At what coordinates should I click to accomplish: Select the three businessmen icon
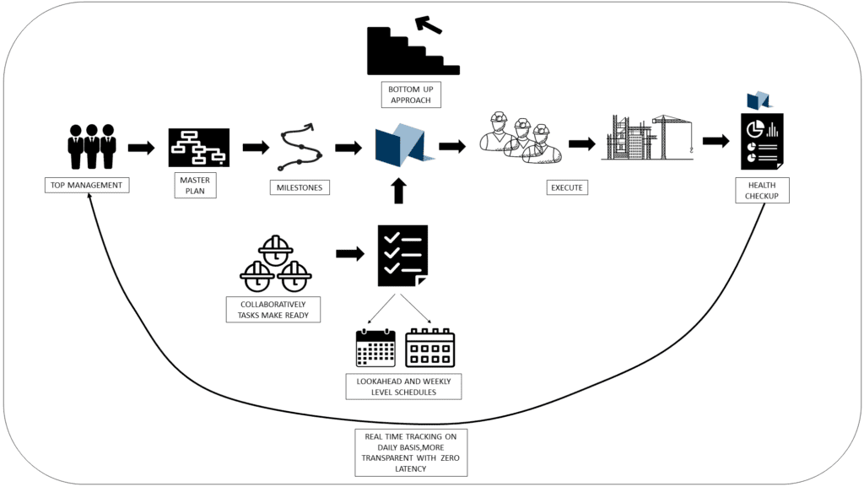91,146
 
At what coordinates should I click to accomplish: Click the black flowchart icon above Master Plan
199,148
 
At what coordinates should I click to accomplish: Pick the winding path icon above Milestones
298,148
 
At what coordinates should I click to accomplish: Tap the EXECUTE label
566,187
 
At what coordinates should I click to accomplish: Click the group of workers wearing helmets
516,139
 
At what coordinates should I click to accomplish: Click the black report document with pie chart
762,141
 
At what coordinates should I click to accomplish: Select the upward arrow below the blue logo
399,191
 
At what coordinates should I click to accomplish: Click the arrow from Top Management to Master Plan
141,149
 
